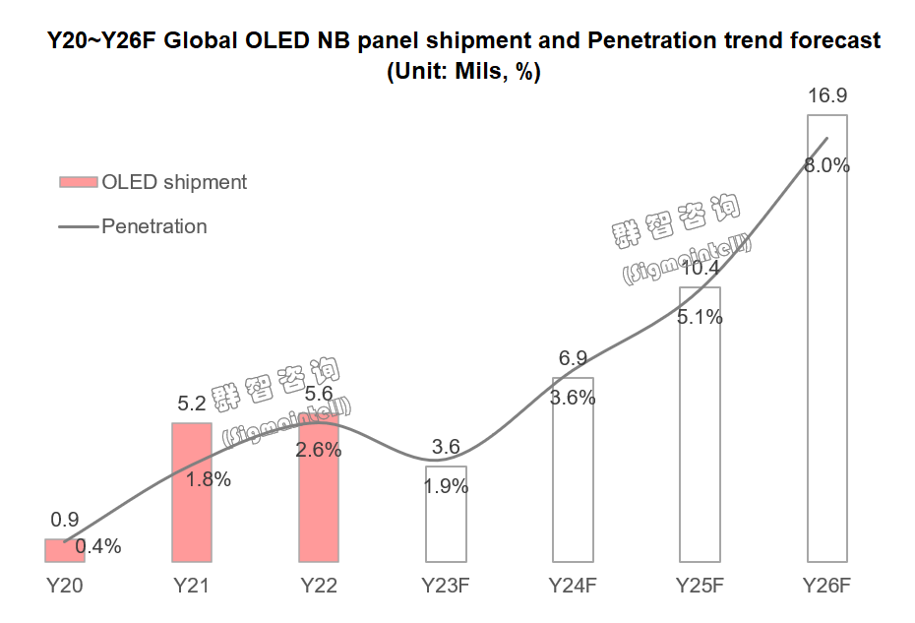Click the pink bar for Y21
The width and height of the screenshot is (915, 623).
coord(192,492)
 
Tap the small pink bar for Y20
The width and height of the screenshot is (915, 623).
coord(65,550)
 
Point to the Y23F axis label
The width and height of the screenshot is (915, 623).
coord(446,586)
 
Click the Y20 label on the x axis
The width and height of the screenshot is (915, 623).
coord(65,586)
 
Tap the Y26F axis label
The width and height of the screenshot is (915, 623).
coord(826,586)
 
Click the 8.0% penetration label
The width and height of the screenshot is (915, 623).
coord(826,166)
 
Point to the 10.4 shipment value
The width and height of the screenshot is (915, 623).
coord(700,268)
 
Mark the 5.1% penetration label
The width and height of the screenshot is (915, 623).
coord(700,317)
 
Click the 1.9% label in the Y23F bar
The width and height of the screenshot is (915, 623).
coord(446,486)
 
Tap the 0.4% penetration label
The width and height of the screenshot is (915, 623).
coord(97,546)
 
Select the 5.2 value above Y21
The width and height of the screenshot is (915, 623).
coord(192,403)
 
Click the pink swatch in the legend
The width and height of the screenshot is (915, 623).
coord(78,182)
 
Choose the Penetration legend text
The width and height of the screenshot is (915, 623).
coord(154,226)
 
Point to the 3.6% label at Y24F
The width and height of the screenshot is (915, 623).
coord(573,399)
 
